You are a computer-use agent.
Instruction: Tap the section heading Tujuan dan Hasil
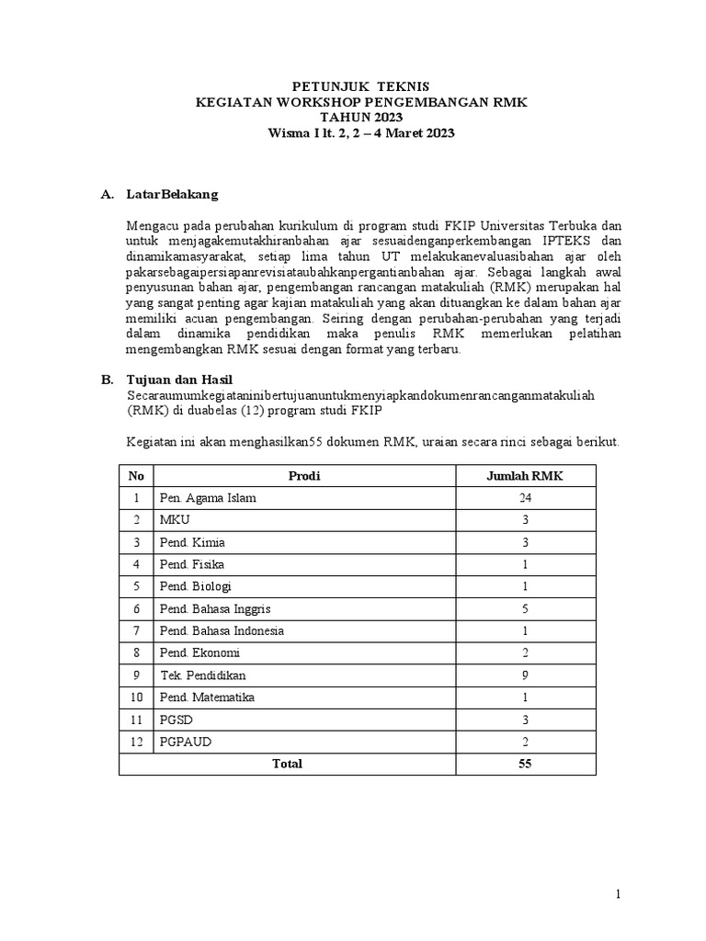(x=179, y=379)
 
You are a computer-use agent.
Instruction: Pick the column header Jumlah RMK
(x=525, y=476)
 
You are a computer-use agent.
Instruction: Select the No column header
(x=137, y=476)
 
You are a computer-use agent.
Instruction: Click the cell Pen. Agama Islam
(x=208, y=498)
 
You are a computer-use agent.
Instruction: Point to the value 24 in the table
(x=525, y=498)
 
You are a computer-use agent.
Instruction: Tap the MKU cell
(x=175, y=520)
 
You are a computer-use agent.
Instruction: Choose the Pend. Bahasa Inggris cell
(x=215, y=609)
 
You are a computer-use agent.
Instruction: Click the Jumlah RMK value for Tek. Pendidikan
(x=525, y=675)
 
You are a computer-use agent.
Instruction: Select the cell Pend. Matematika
(x=208, y=697)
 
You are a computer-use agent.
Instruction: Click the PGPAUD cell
(x=183, y=742)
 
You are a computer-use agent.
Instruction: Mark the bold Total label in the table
(x=282, y=764)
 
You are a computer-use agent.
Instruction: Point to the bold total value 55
(x=525, y=764)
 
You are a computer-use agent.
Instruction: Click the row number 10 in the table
(x=137, y=697)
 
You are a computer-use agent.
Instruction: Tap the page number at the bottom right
(x=619, y=894)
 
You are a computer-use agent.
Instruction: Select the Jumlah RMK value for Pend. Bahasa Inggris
(x=525, y=609)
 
